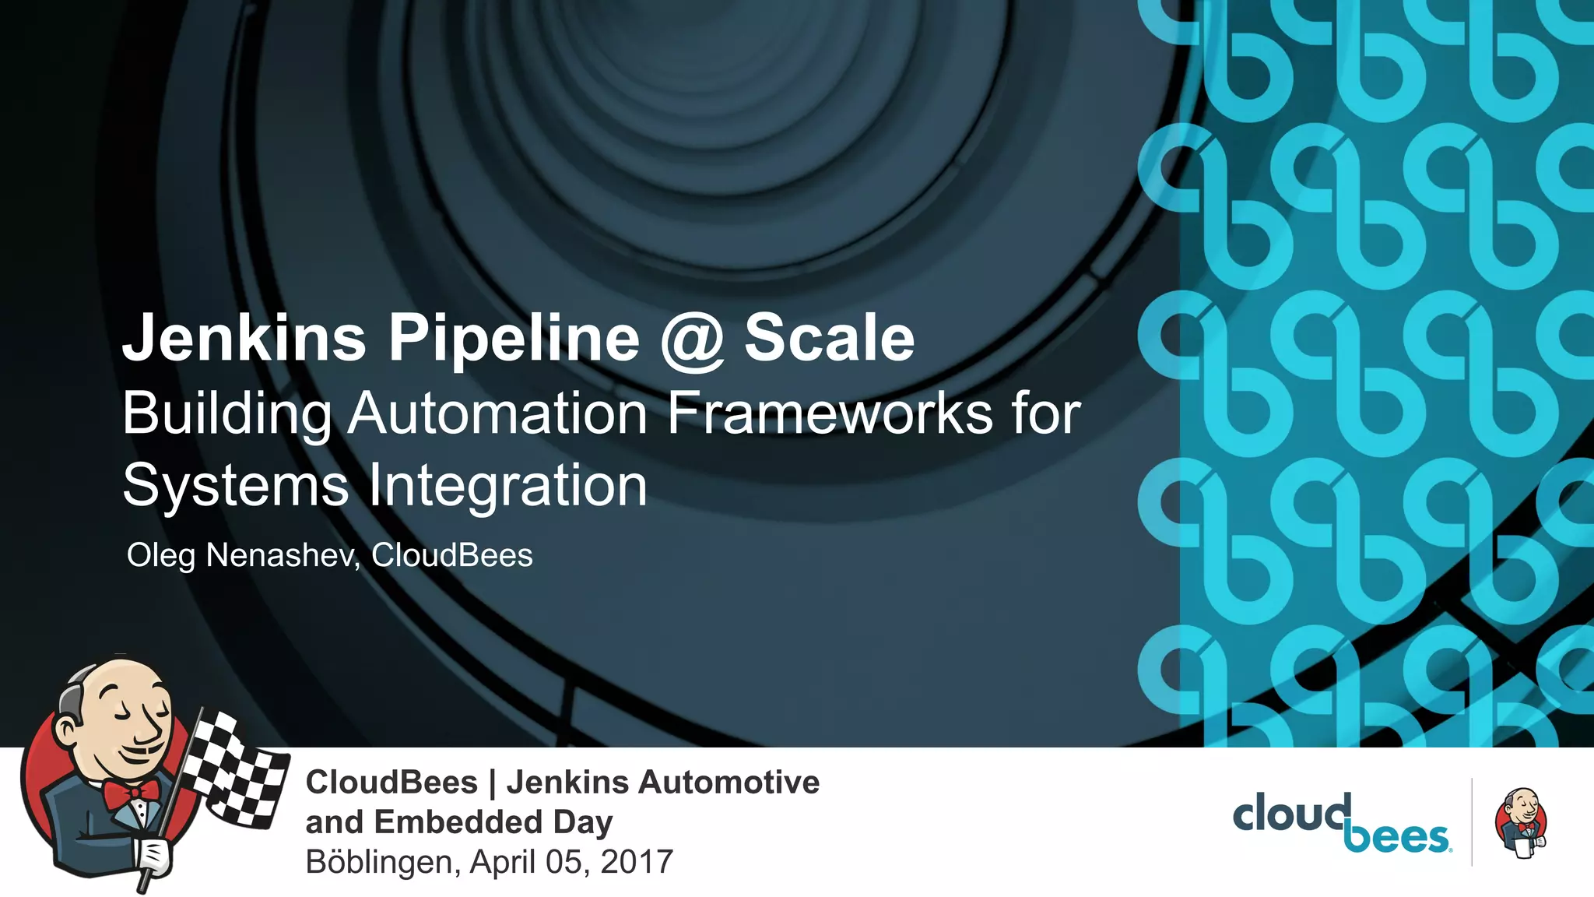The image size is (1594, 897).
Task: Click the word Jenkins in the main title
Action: [244, 338]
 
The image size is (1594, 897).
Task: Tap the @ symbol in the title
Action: [691, 339]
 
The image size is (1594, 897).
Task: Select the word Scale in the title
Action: [829, 338]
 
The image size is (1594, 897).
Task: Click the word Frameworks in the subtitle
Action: [830, 413]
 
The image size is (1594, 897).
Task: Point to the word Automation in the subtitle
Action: [497, 413]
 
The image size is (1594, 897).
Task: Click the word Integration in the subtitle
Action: [507, 486]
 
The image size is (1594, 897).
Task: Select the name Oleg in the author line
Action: [161, 556]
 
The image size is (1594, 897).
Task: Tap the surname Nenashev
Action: [282, 556]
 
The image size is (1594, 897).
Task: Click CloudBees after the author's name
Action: [451, 556]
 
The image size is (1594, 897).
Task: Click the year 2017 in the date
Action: [636, 862]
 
